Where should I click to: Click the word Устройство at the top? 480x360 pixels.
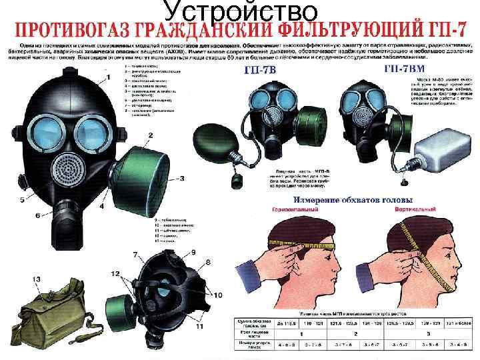pyautogui.click(x=240, y=12)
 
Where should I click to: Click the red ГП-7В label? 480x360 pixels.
pyautogui.click(x=264, y=70)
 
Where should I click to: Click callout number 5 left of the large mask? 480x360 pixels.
pyautogui.click(x=38, y=215)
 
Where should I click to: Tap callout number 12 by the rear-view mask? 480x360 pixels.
pyautogui.click(x=116, y=274)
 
